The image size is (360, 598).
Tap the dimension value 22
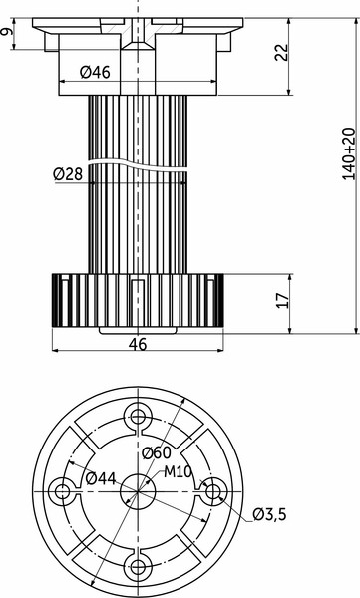pos(284,51)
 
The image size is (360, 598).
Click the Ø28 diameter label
pos(70,175)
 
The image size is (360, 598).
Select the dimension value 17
pos(284,300)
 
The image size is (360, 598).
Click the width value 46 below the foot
pos(138,344)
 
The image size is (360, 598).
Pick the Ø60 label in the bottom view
pos(157,453)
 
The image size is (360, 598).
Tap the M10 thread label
pos(179,470)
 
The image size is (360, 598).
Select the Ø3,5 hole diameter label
pos(269,514)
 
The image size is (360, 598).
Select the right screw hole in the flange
pos(211,491)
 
